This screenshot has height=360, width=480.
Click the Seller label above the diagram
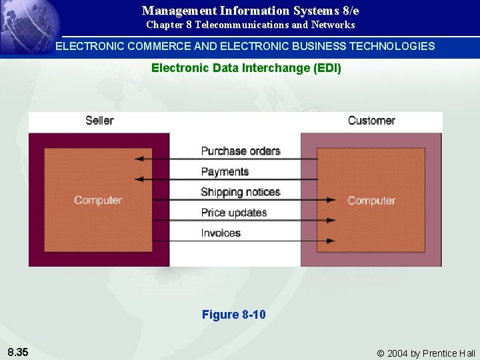coord(99,121)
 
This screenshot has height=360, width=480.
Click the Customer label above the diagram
coord(371,121)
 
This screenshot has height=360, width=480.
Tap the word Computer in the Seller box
coord(98,200)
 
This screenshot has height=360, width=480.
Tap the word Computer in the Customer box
coord(371,201)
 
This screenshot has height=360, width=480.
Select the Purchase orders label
coord(241,151)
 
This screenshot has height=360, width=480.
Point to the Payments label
coord(225,172)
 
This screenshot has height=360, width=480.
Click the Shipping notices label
coord(241,192)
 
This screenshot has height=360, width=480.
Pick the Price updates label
coord(234,213)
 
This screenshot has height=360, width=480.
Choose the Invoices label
coord(221,233)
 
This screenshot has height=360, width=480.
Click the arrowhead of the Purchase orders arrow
coord(139,159)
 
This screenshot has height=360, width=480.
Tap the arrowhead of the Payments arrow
coord(139,179)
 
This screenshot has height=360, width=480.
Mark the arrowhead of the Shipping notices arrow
coord(331,199)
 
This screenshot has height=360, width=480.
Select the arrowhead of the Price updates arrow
coord(331,220)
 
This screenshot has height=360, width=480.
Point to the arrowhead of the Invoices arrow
coord(331,240)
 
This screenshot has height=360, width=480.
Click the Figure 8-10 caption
coord(233,315)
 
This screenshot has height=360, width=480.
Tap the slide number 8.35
coord(17,352)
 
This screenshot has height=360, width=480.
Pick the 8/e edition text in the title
coord(347,11)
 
